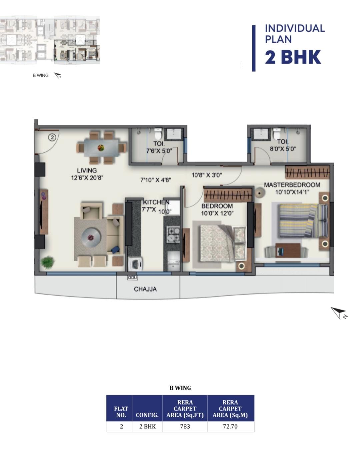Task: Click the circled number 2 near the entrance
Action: tap(52, 137)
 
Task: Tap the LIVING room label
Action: tap(87, 170)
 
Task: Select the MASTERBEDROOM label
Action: tap(292, 185)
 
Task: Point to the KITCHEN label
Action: tap(156, 202)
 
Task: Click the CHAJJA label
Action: tap(145, 289)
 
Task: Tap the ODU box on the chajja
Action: tap(132, 278)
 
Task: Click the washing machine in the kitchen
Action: tap(135, 264)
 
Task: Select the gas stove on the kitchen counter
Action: tap(173, 235)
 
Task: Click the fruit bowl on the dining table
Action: tap(101, 148)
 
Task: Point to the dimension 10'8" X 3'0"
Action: tap(207, 175)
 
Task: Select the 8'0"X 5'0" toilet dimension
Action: tap(283, 149)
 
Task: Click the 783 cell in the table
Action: tap(185, 426)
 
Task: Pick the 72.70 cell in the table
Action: tap(230, 426)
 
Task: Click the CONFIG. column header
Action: tap(147, 415)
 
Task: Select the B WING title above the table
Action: tap(180, 388)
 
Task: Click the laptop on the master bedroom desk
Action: tap(280, 251)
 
